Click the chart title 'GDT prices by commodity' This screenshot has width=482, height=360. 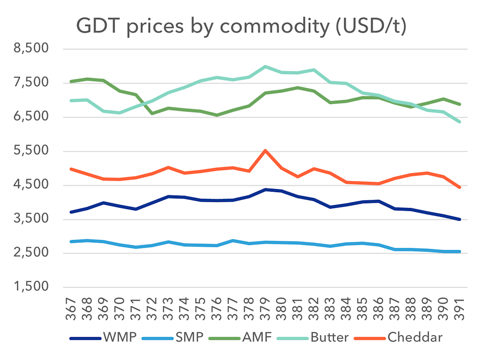[x=241, y=27]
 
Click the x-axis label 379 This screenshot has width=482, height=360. [x=266, y=309]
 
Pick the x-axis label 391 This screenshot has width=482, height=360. [x=460, y=309]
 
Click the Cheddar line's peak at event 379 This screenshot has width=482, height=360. [x=265, y=150]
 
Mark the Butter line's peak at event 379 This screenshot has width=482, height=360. [x=265, y=67]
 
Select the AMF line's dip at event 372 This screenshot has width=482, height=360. [x=152, y=113]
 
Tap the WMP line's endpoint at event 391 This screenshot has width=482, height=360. [x=459, y=219]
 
